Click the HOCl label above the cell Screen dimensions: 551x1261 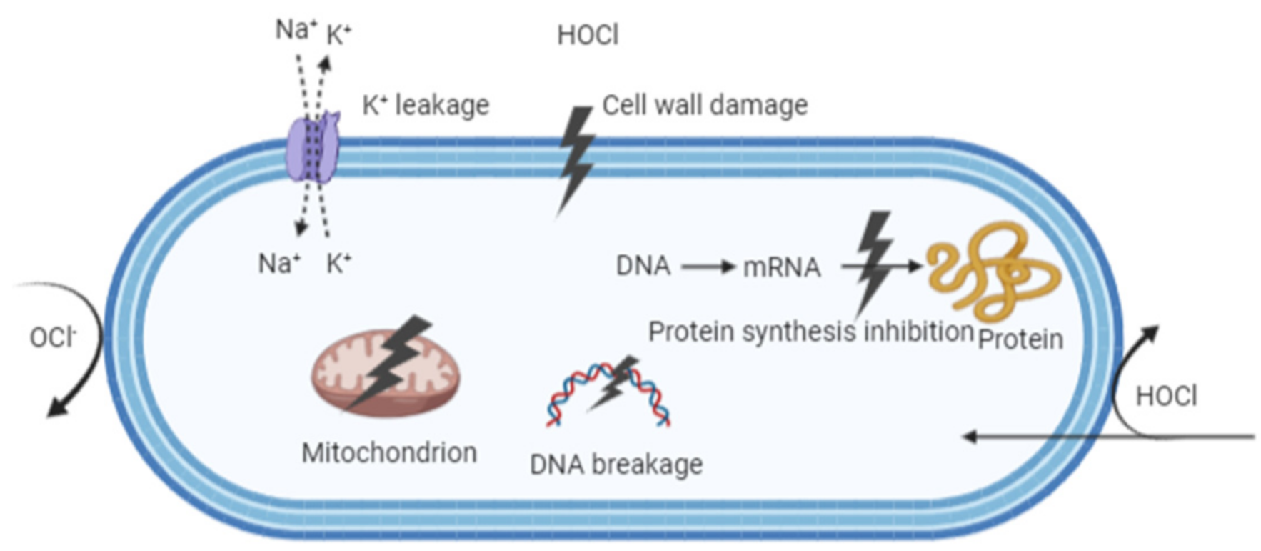(588, 35)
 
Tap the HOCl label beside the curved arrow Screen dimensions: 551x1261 (1166, 396)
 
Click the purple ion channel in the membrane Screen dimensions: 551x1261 (313, 150)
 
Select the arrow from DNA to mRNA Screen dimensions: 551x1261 (707, 267)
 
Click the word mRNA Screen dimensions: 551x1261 (782, 267)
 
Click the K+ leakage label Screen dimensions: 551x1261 (426, 106)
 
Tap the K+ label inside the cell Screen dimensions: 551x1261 (339, 264)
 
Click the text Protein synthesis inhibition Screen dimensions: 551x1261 (810, 332)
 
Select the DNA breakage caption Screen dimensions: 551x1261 (616, 465)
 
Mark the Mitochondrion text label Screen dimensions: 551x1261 (389, 452)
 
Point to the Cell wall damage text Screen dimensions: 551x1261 (705, 106)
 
